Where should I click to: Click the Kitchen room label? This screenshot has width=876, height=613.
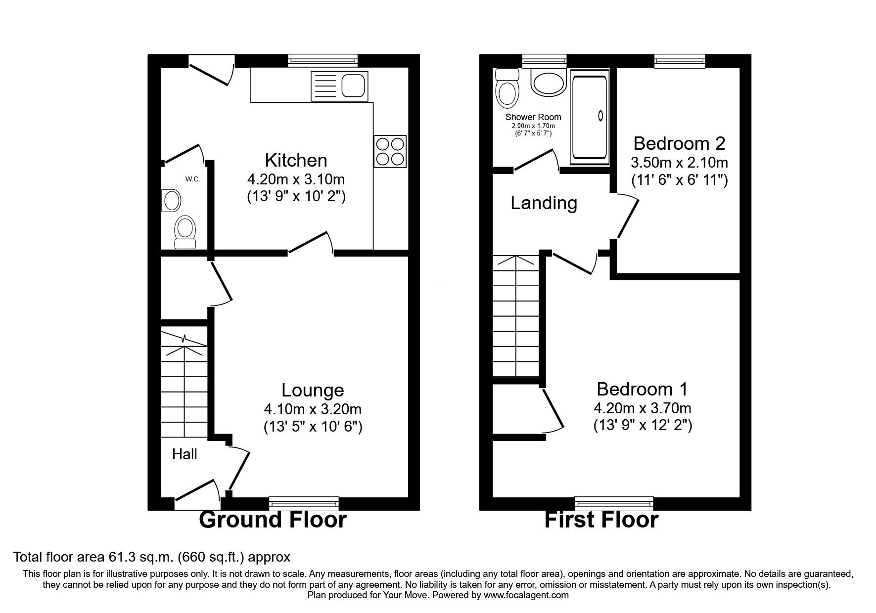pos(296,161)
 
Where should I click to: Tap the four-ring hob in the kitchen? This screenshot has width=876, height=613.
pos(390,151)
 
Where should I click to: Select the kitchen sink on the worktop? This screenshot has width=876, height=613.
pos(340,85)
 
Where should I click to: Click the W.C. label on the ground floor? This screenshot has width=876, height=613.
pos(193,179)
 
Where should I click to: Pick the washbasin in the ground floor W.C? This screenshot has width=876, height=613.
pos(171,201)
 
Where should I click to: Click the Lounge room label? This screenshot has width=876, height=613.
pos(313,390)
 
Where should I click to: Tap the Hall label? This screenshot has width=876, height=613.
pos(184,454)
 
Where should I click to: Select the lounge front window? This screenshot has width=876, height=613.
pos(304,503)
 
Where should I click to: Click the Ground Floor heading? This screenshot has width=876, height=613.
pos(273,520)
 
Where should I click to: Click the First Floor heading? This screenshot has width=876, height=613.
pos(601,520)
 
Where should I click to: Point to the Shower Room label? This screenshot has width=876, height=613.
pos(533,117)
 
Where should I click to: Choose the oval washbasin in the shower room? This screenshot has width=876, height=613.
pos(548,82)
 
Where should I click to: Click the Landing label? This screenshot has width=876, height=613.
pos(544,203)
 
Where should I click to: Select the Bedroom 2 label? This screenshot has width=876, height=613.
pos(679,143)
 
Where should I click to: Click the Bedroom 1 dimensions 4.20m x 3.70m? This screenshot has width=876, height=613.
pos(643,408)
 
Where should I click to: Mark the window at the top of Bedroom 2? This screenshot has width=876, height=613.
pos(680,61)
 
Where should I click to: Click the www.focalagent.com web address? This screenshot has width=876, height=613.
pos(526,595)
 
